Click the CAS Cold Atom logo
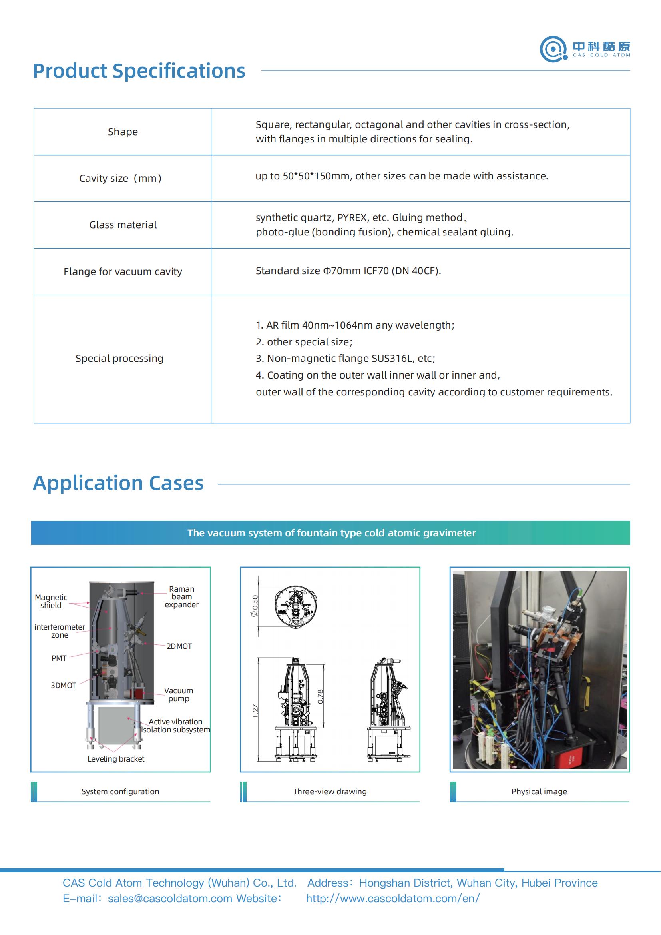click(x=585, y=49)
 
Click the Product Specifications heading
click(x=139, y=71)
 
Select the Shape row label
click(x=123, y=132)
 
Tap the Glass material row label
click(x=123, y=225)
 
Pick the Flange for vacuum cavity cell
click(x=123, y=271)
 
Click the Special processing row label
click(x=119, y=358)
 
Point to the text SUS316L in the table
click(x=392, y=358)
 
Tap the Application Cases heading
click(x=118, y=483)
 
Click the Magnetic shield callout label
click(x=51, y=601)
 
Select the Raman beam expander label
click(x=181, y=596)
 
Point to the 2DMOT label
click(x=179, y=646)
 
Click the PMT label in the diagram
click(x=59, y=658)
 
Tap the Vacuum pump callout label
click(x=179, y=694)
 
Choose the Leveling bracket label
click(x=116, y=759)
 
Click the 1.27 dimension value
click(x=255, y=711)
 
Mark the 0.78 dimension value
click(x=321, y=696)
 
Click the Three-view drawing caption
click(x=330, y=791)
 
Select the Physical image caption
click(x=539, y=791)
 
